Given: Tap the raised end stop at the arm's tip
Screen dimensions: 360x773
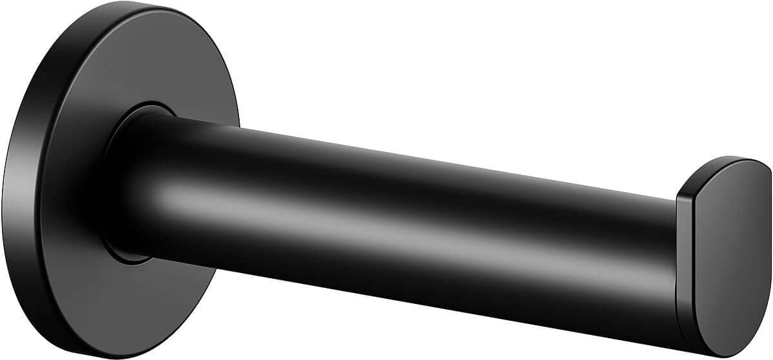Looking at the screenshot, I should point(721,245).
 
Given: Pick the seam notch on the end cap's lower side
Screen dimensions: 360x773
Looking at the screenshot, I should point(678,283).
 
